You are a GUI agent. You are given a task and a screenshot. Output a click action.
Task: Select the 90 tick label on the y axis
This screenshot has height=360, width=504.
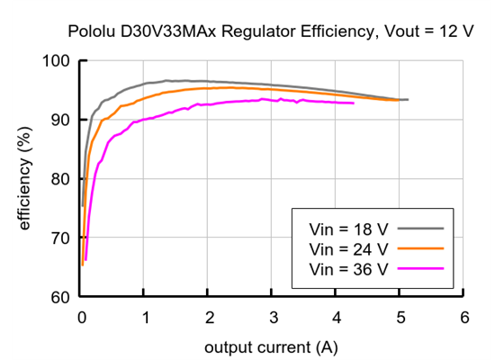pos(62,120)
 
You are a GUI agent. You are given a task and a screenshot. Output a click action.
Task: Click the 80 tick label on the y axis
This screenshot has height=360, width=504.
pos(62,179)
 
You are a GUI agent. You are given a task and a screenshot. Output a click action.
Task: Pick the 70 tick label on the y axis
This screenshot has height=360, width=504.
pos(62,238)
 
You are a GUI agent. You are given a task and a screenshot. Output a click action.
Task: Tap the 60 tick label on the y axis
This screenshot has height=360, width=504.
pos(62,297)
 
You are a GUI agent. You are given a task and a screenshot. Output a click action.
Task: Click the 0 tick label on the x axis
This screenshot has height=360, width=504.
pos(82,318)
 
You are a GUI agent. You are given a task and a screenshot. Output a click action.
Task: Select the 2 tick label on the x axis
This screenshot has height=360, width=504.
pos(209,318)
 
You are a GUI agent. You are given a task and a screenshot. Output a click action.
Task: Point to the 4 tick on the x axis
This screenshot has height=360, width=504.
pos(337,318)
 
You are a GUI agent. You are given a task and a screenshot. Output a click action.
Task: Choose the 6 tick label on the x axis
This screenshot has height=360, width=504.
pos(463,318)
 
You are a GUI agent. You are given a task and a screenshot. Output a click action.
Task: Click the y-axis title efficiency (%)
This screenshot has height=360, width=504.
pos(26,179)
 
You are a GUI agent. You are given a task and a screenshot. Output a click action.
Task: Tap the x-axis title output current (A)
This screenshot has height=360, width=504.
pos(272,346)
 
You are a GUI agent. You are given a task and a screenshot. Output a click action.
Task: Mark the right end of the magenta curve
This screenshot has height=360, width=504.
pos(354,103)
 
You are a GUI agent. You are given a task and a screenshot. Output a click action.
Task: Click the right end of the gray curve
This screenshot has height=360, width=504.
pos(408,100)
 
